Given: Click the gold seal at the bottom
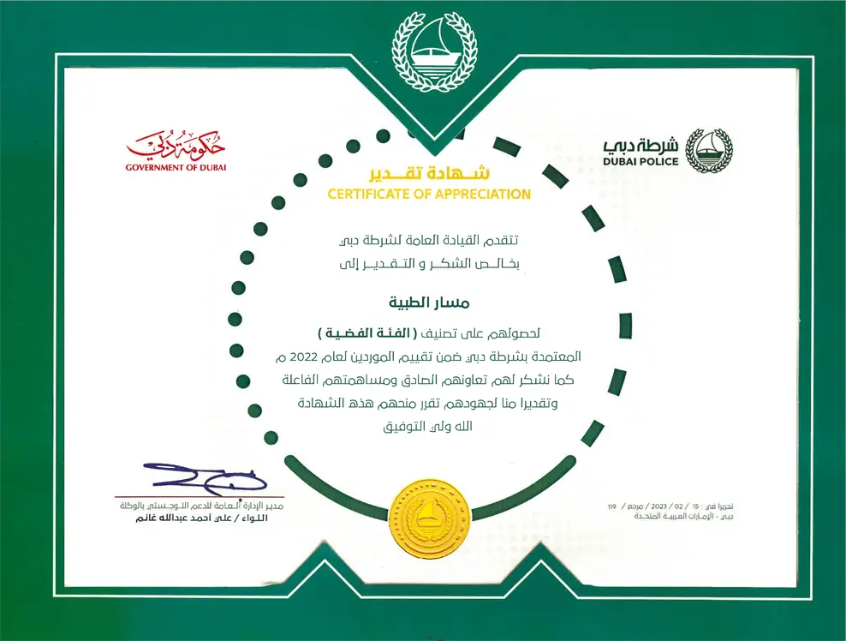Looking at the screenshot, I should click(x=428, y=517).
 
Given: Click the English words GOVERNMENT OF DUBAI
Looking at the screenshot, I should click(x=176, y=167).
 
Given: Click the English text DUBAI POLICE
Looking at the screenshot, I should click(x=640, y=162).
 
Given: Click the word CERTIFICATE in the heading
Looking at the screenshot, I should click(x=369, y=195).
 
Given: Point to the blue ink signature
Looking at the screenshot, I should click(x=206, y=477).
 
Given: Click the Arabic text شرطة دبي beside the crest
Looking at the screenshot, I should click(x=642, y=144).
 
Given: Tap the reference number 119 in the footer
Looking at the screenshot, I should click(x=611, y=508).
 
